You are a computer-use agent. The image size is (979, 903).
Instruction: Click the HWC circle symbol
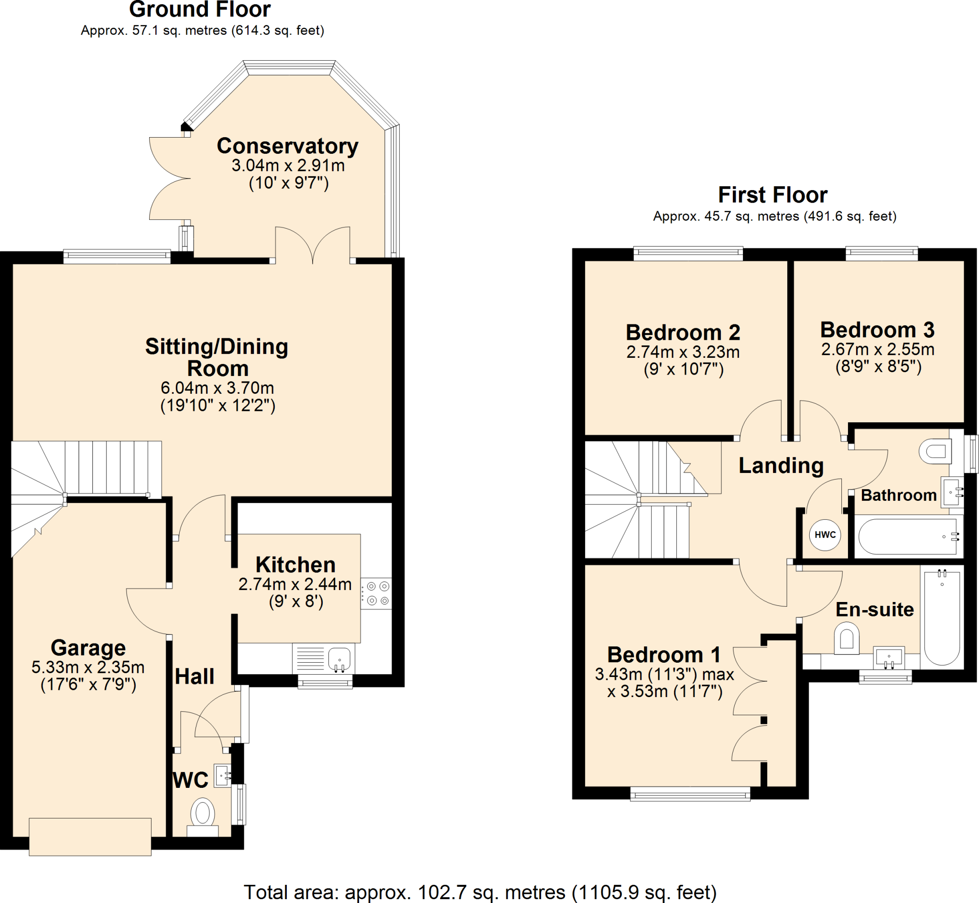(825, 535)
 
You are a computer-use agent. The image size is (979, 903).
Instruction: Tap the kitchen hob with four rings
(377, 593)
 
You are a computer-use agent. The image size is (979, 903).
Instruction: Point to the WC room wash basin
(222, 775)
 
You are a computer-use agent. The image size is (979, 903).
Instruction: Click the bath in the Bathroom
(908, 537)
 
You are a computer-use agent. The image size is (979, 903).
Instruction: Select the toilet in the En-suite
(847, 639)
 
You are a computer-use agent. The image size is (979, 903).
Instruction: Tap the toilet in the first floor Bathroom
(935, 451)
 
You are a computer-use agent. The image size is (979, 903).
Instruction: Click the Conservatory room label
(287, 146)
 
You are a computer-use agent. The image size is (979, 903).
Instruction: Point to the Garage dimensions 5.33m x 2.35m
(88, 667)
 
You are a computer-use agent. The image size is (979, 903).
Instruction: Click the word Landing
(781, 465)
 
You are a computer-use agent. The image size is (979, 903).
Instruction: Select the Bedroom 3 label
(877, 330)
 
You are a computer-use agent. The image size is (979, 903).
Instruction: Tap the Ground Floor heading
(199, 10)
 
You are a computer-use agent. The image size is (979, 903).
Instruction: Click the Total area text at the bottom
(480, 892)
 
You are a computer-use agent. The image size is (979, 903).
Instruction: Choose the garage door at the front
(90, 837)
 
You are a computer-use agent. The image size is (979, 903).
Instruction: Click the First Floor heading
(773, 195)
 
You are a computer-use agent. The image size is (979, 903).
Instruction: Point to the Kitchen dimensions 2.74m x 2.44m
(295, 584)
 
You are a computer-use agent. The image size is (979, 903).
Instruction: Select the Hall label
(195, 677)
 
